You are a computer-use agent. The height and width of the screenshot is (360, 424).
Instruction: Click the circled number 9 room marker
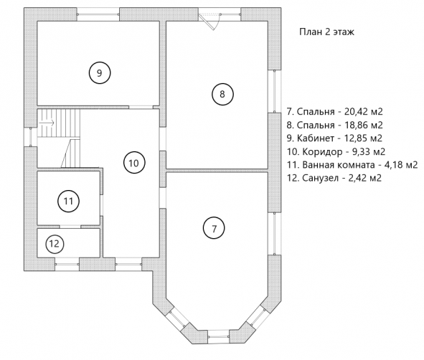click(100, 72)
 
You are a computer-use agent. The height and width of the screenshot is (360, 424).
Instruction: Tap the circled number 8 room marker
click(222, 94)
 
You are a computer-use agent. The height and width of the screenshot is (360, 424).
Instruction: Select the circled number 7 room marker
click(214, 228)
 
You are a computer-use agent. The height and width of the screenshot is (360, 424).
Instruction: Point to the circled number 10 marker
click(134, 163)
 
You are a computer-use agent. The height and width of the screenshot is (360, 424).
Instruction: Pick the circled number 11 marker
click(68, 201)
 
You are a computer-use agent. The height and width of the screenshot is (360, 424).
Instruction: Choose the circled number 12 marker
click(55, 244)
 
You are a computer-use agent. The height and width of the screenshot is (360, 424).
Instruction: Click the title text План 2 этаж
click(326, 32)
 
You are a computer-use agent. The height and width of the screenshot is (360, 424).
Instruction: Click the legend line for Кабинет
click(334, 138)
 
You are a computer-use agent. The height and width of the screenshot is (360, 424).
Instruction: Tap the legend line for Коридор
click(336, 151)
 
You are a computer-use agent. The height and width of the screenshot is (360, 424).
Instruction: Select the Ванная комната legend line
click(352, 165)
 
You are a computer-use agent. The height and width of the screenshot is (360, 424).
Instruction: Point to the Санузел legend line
click(334, 178)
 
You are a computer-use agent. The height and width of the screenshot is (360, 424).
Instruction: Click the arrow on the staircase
click(47, 123)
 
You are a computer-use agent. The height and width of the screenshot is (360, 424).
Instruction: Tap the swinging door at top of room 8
click(210, 21)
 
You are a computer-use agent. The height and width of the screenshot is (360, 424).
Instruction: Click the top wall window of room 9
click(98, 14)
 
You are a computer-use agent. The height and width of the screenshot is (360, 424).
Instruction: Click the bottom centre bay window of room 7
click(219, 337)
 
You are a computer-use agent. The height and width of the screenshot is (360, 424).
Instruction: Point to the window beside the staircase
click(31, 137)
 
